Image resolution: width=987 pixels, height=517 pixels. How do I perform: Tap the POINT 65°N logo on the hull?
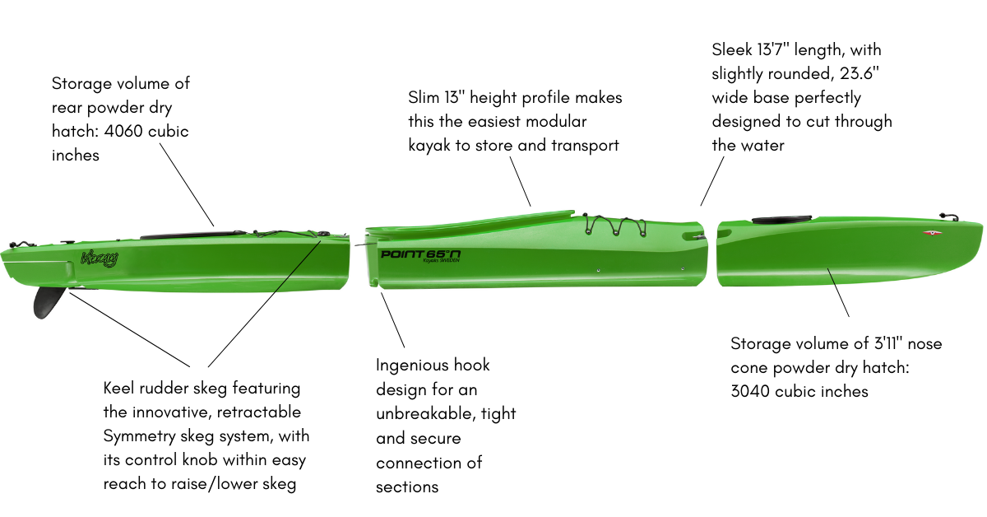tap(419, 254)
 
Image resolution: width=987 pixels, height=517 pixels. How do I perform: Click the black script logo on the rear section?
tap(100, 258)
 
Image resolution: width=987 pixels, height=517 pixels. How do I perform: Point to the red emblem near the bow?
tap(933, 233)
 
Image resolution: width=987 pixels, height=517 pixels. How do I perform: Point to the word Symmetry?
tap(141, 436)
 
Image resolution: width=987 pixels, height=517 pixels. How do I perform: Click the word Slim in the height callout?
tap(424, 98)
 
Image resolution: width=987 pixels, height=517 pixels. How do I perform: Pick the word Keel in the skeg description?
tap(120, 388)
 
